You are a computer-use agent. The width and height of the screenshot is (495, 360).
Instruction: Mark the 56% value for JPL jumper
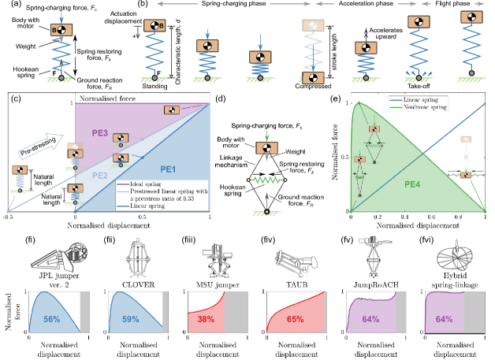pos(52,321)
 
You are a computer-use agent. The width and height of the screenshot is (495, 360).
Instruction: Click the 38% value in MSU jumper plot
pos(206,321)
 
